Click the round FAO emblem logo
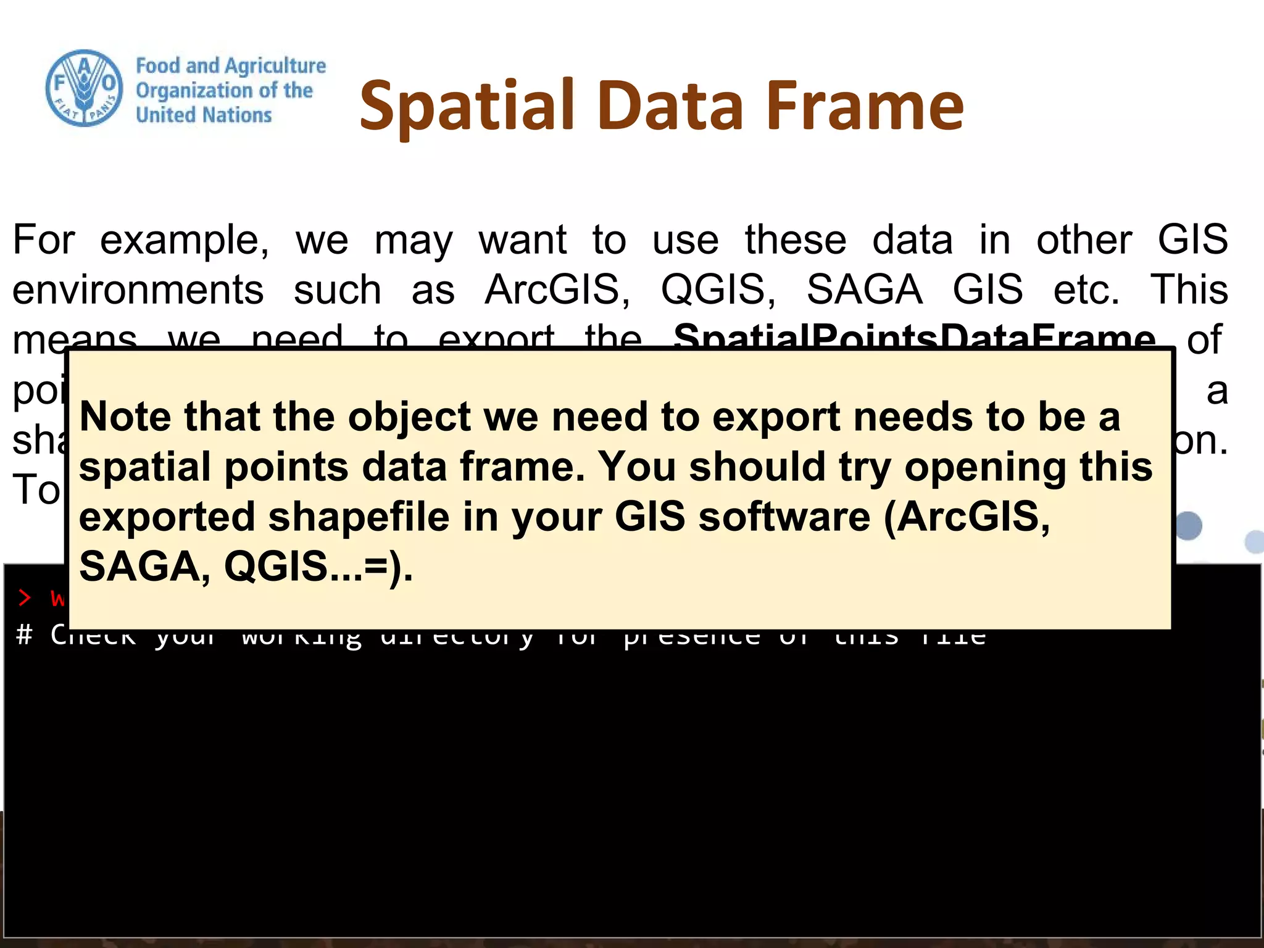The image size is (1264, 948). [85, 88]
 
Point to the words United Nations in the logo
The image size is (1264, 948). [204, 115]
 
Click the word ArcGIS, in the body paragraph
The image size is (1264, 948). [557, 289]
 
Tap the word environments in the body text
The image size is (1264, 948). [138, 289]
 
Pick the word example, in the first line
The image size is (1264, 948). [184, 240]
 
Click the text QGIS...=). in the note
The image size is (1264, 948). [318, 567]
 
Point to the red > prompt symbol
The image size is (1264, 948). [24, 597]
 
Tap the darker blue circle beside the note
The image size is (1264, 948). [1188, 526]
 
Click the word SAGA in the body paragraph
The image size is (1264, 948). [864, 289]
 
